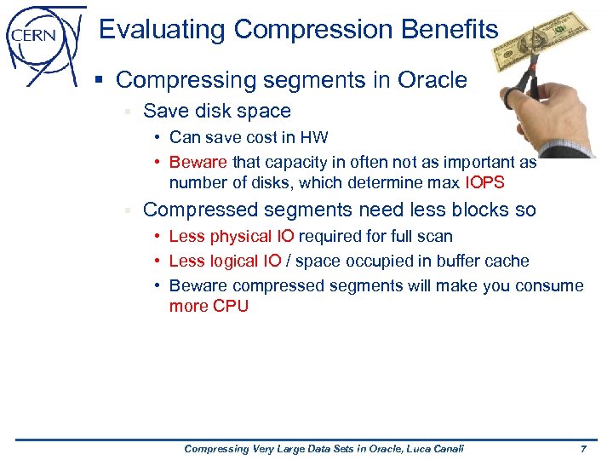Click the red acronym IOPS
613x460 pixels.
click(x=484, y=182)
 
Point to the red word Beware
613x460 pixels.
click(x=198, y=162)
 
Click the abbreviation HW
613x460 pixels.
click(x=316, y=137)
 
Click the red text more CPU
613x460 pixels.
click(x=209, y=306)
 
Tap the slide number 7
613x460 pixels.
click(x=582, y=448)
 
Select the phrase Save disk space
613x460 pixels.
click(x=217, y=111)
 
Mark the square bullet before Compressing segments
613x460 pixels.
click(x=100, y=81)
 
